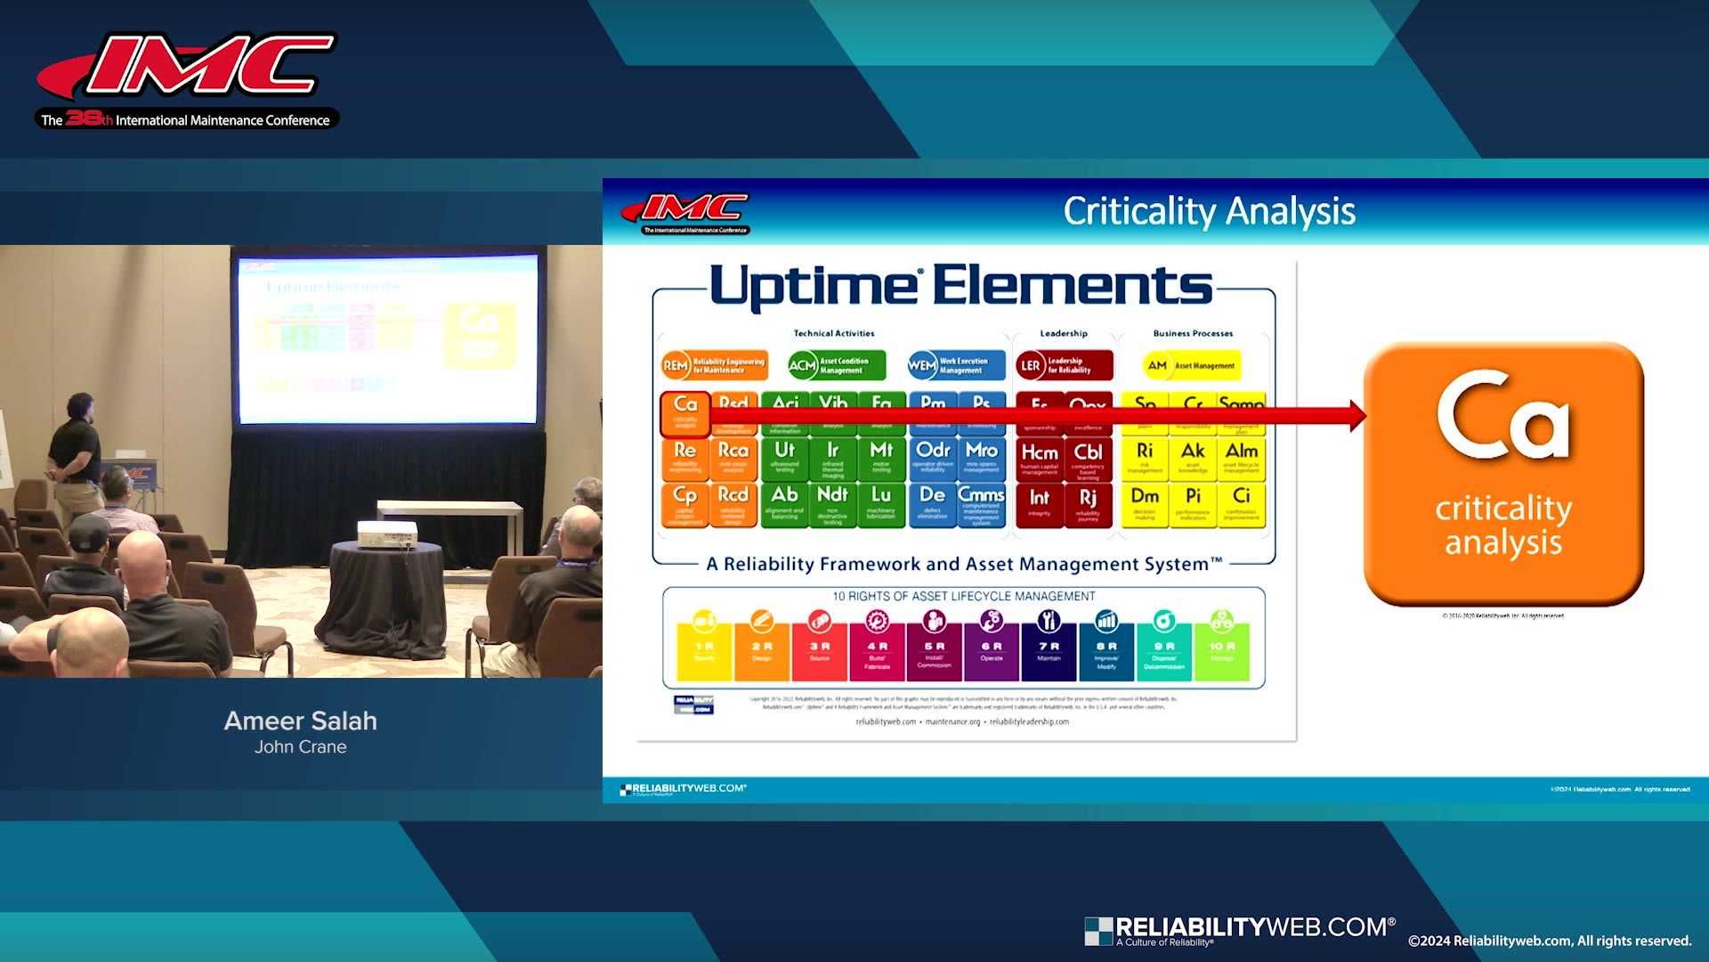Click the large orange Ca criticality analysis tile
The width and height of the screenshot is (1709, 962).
(x=1502, y=473)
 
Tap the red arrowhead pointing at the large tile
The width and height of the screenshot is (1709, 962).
(x=1357, y=415)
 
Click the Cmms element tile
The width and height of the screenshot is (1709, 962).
(x=981, y=504)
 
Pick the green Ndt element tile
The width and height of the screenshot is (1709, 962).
(x=832, y=504)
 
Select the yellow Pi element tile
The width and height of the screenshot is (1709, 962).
(x=1193, y=504)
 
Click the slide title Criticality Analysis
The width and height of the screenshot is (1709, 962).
(x=1209, y=211)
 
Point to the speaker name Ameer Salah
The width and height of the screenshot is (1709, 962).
(x=300, y=721)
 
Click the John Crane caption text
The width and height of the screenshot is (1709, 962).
(x=300, y=747)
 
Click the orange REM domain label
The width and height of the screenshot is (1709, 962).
(x=713, y=365)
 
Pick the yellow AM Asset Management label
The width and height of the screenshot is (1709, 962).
(x=1191, y=365)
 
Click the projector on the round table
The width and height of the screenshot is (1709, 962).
(x=386, y=534)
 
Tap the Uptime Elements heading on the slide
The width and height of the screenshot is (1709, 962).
(x=960, y=287)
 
